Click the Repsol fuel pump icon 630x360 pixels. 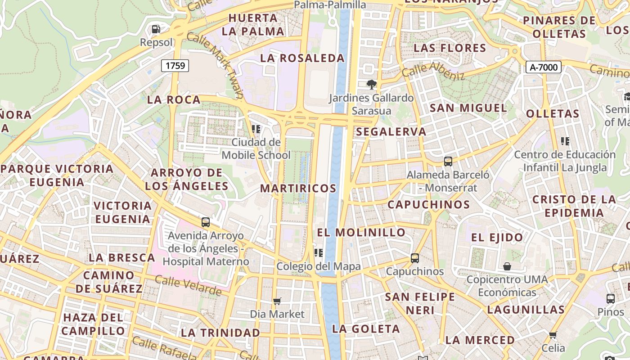pos(156,29)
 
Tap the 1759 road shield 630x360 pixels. pos(175,66)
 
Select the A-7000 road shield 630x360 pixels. pos(543,67)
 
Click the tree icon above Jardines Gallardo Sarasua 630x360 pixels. pos(371,84)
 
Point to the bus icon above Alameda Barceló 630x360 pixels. pos(448,162)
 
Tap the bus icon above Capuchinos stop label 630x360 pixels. pos(414,258)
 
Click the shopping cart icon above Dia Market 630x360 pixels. pos(277,301)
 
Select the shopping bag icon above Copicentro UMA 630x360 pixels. pos(507,266)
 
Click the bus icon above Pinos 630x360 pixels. pos(611,298)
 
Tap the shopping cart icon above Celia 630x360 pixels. pos(553,335)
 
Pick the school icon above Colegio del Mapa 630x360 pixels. pos(319,253)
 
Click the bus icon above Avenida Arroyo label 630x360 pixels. pos(206,222)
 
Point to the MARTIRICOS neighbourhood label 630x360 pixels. pos(298,188)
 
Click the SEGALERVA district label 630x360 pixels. pos(391,131)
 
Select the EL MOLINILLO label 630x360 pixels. pos(361,232)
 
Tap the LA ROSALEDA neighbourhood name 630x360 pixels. pos(302,58)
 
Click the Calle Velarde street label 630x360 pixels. pos(188,286)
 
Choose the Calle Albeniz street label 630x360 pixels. pos(433,71)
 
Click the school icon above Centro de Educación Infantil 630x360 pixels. pos(565,141)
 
